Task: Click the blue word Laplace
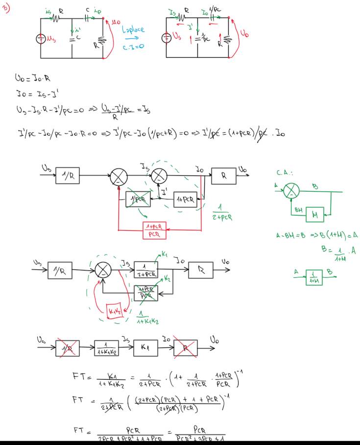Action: [133, 30]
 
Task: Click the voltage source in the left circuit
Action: [41, 39]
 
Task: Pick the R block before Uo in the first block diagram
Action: [223, 175]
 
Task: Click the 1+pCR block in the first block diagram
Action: [186, 200]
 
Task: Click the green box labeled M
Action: [314, 214]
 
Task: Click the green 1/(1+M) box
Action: [314, 277]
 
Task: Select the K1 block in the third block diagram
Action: [145, 347]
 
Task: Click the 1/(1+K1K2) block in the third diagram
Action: [106, 347]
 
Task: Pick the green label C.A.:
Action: [285, 173]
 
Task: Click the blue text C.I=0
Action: [133, 48]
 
